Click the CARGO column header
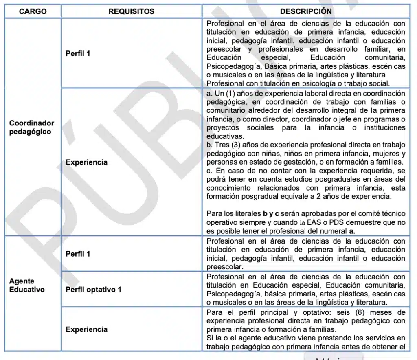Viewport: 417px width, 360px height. click(33, 11)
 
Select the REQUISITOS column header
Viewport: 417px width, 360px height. click(131, 11)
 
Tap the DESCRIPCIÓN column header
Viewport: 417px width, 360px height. click(306, 11)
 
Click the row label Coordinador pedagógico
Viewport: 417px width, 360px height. click(32, 127)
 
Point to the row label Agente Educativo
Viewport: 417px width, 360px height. click(27, 285)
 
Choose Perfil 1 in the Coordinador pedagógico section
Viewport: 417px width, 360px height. click(78, 53)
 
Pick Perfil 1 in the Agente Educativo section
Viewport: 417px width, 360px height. click(78, 254)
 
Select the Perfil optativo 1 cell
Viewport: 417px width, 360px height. click(94, 290)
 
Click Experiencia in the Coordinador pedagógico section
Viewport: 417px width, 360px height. click(86, 162)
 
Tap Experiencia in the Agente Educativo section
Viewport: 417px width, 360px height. click(86, 329)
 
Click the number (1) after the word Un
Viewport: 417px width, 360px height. click(231, 93)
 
